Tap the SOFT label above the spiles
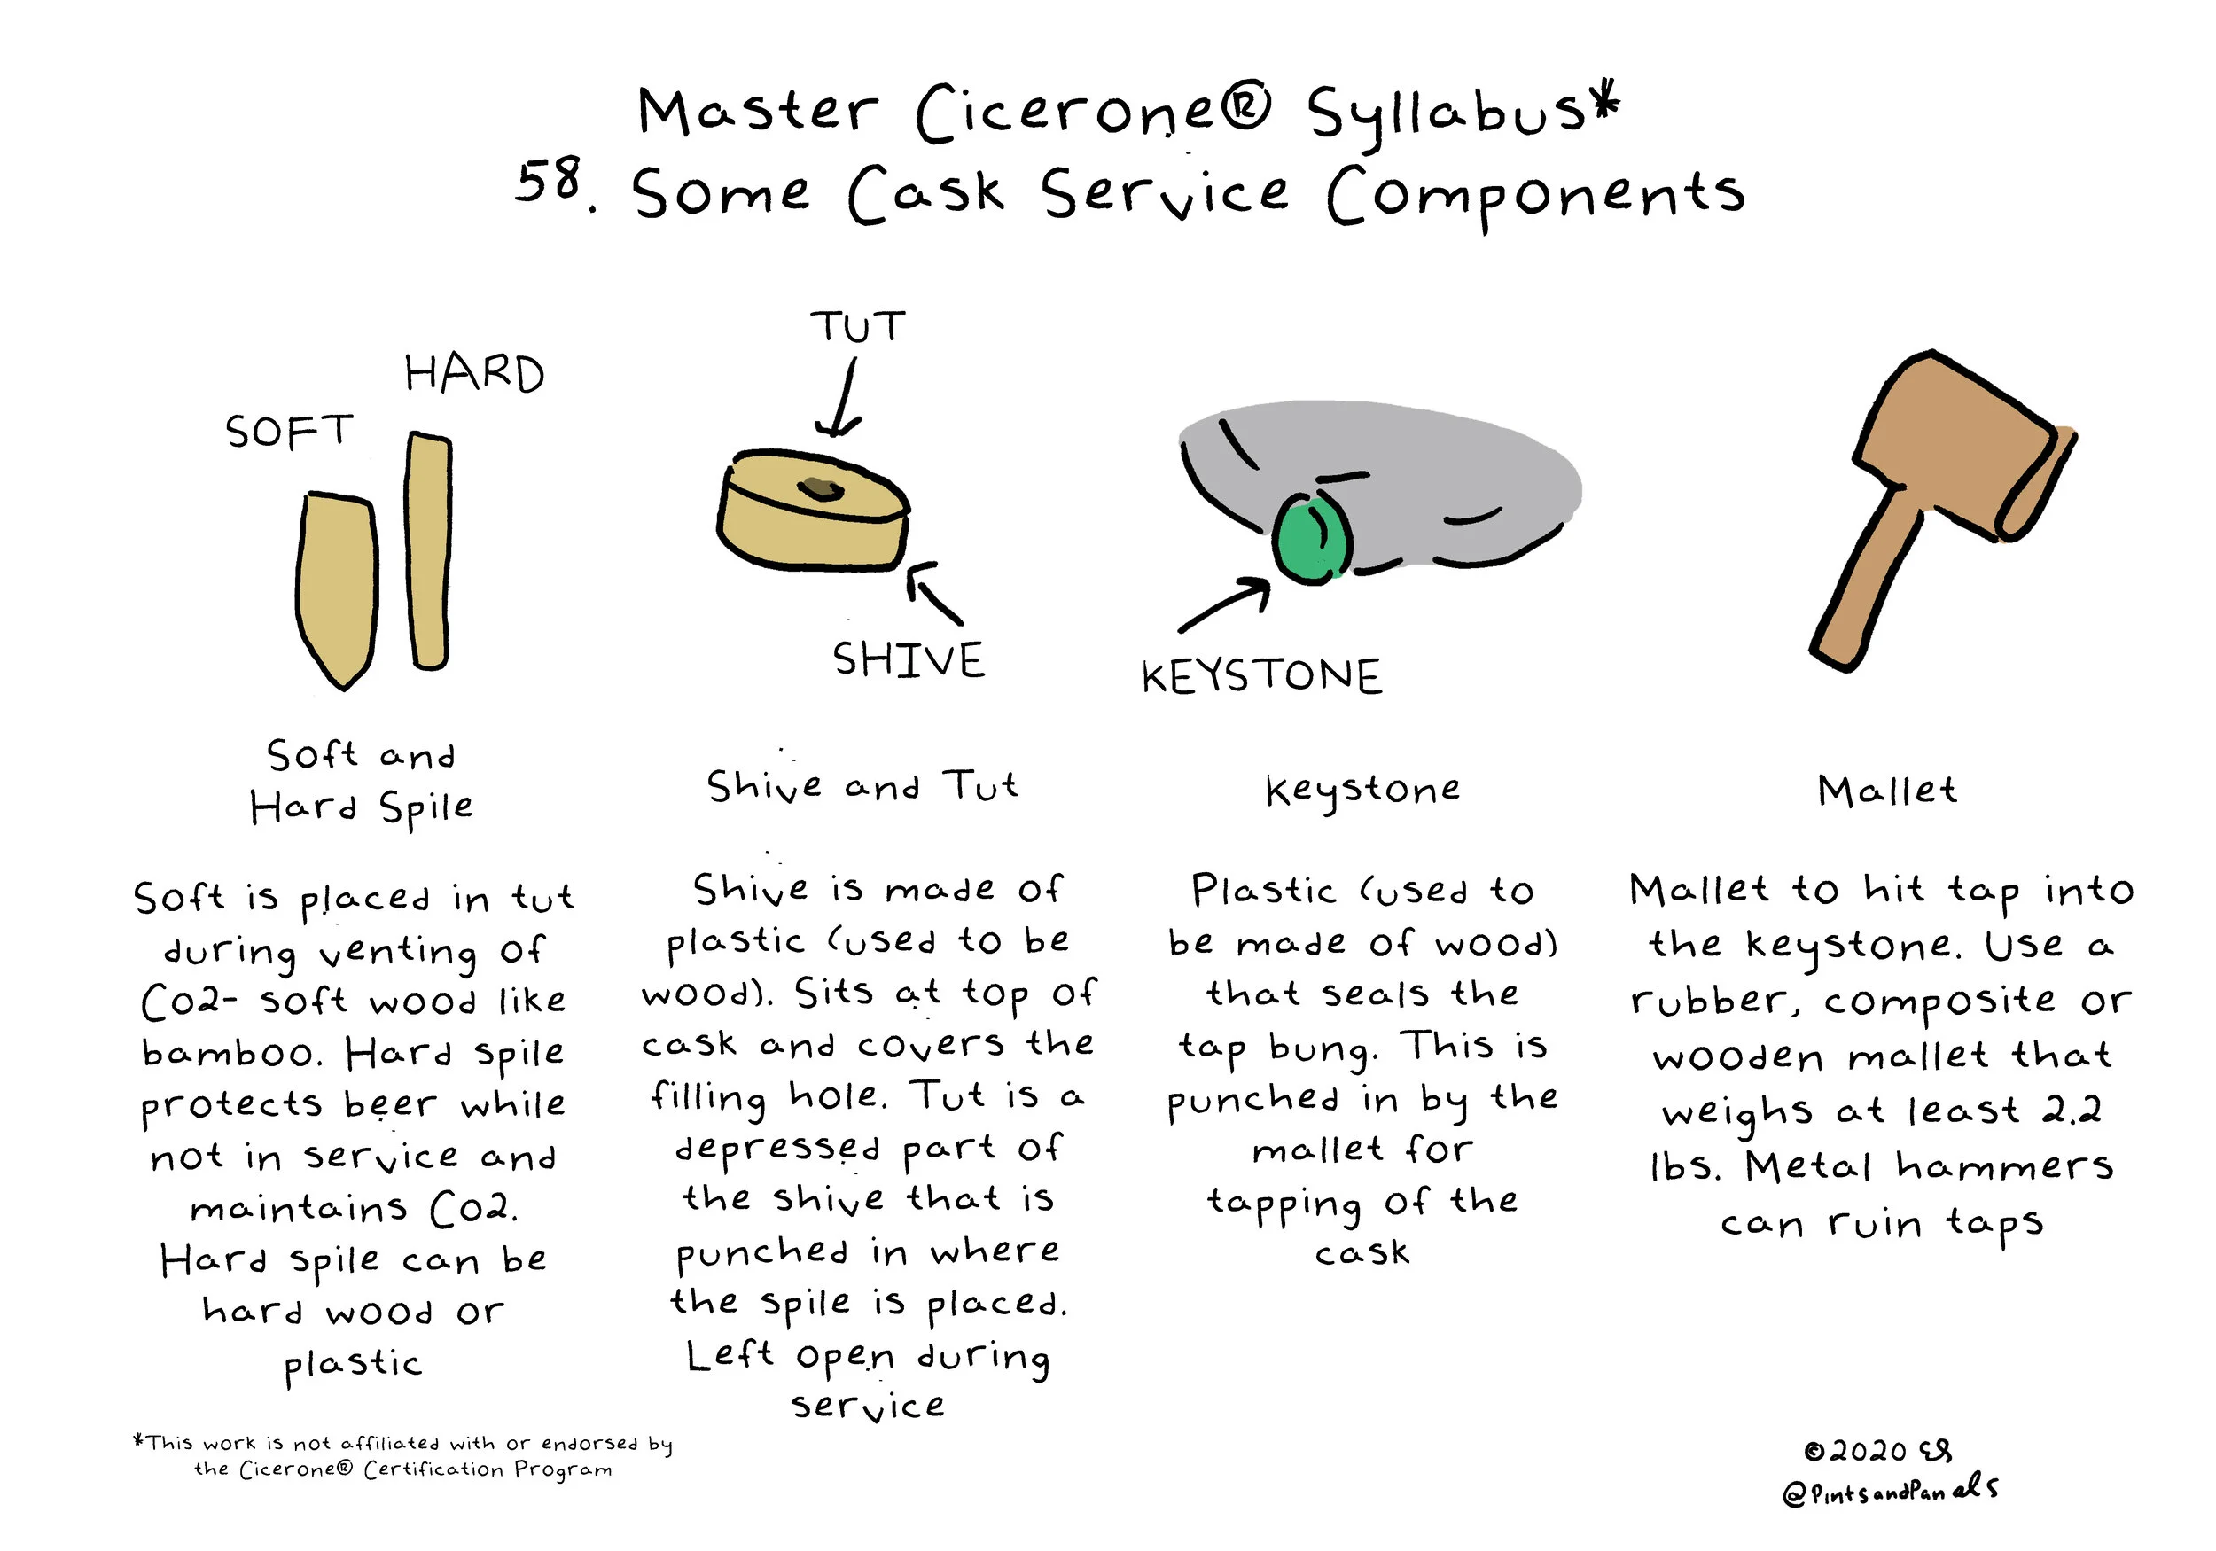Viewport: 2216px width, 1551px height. pyautogui.click(x=290, y=432)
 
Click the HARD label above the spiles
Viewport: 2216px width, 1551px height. pyautogui.click(x=475, y=373)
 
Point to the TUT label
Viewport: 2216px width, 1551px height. pyautogui.click(x=858, y=327)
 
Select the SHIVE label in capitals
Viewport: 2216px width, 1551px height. pyautogui.click(x=909, y=661)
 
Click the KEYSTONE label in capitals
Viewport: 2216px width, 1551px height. pyautogui.click(x=1261, y=675)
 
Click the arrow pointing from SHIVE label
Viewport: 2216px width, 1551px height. pyautogui.click(x=933, y=593)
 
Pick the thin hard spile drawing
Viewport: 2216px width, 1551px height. pyautogui.click(x=428, y=551)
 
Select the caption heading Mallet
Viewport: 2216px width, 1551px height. pyautogui.click(x=1887, y=791)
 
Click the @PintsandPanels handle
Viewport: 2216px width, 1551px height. pyautogui.click(x=1890, y=1490)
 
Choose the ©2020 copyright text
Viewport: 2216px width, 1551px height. pyautogui.click(x=1855, y=1452)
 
